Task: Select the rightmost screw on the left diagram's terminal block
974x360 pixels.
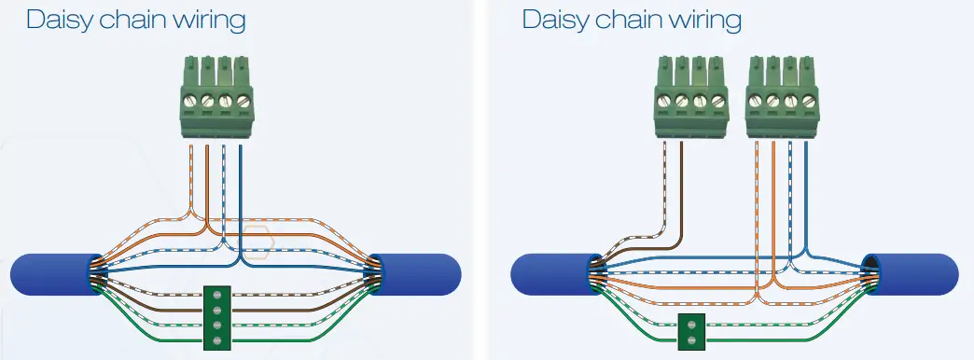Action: (x=243, y=101)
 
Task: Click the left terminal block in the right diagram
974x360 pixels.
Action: (x=690, y=98)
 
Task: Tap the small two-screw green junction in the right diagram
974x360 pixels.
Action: (x=692, y=332)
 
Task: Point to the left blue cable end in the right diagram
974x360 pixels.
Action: (x=550, y=273)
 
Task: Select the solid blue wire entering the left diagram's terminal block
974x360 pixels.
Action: (x=242, y=187)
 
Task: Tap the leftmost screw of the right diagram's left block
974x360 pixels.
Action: (x=664, y=101)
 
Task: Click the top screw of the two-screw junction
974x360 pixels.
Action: (x=692, y=325)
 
